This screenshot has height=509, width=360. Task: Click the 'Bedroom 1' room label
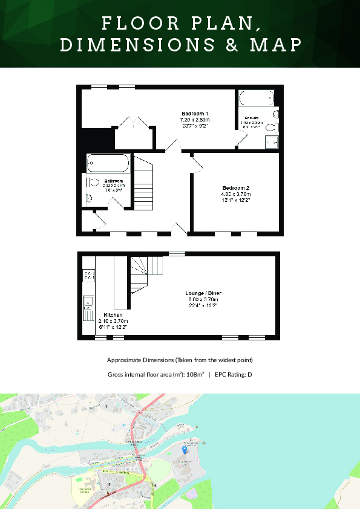[195, 114]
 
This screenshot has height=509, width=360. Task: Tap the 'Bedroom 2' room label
[235, 188]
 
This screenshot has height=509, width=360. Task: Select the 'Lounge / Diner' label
[202, 294]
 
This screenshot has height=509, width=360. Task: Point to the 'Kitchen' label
[113, 316]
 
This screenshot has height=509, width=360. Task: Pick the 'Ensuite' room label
[252, 117]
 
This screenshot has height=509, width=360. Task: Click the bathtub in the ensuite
[257, 98]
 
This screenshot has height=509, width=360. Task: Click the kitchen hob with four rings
[88, 275]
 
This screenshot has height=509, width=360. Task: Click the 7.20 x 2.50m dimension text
[195, 120]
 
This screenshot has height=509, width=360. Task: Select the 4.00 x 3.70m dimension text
[235, 193]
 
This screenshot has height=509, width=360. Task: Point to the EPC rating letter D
[249, 375]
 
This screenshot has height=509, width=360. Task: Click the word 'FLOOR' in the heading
[132, 24]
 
